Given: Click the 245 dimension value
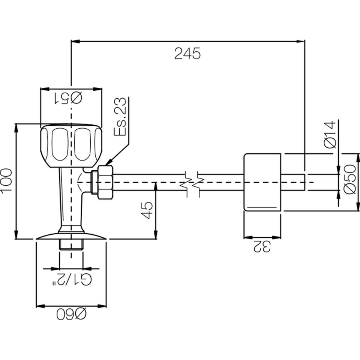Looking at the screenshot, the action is coord(187,54).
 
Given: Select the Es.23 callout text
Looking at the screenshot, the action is coord(120,117).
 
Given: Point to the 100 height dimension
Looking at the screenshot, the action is coord(7,181).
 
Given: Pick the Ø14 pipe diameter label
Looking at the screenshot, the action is coord(330,135).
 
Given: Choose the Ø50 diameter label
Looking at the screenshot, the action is coord(349,180).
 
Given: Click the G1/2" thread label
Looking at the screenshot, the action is coord(72,280).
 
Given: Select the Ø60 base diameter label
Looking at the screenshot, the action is coord(71,314).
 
